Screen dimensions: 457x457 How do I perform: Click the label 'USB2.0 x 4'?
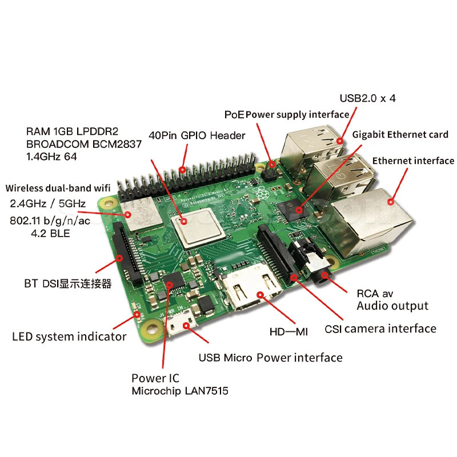(x=367, y=98)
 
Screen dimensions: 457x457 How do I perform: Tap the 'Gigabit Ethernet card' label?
(x=400, y=135)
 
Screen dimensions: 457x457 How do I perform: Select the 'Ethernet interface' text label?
(x=413, y=161)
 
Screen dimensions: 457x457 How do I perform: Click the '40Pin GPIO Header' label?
(x=197, y=135)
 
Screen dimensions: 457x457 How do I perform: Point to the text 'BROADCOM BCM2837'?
(x=83, y=145)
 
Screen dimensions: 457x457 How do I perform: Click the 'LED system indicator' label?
(x=69, y=336)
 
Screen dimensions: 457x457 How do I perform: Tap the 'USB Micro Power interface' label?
(x=270, y=358)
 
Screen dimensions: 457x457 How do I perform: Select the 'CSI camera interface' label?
(x=380, y=328)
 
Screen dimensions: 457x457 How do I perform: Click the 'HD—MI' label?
(x=288, y=331)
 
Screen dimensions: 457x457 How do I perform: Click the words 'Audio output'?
(x=392, y=306)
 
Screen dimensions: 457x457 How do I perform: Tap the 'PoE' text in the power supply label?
(x=234, y=115)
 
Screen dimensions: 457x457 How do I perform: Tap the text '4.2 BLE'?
(x=48, y=233)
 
